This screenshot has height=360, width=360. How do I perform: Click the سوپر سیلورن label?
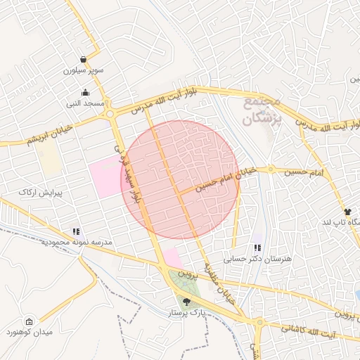(x=84, y=71)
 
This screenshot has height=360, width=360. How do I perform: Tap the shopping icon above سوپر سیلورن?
(x=84, y=60)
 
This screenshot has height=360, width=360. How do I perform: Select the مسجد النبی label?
(x=86, y=103)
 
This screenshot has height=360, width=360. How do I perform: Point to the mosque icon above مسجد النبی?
(x=86, y=93)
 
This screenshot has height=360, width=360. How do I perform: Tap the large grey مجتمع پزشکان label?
(x=262, y=111)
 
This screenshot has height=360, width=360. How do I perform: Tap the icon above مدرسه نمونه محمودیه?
(x=76, y=231)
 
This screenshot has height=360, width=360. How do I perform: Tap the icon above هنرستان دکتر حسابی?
(x=257, y=247)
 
